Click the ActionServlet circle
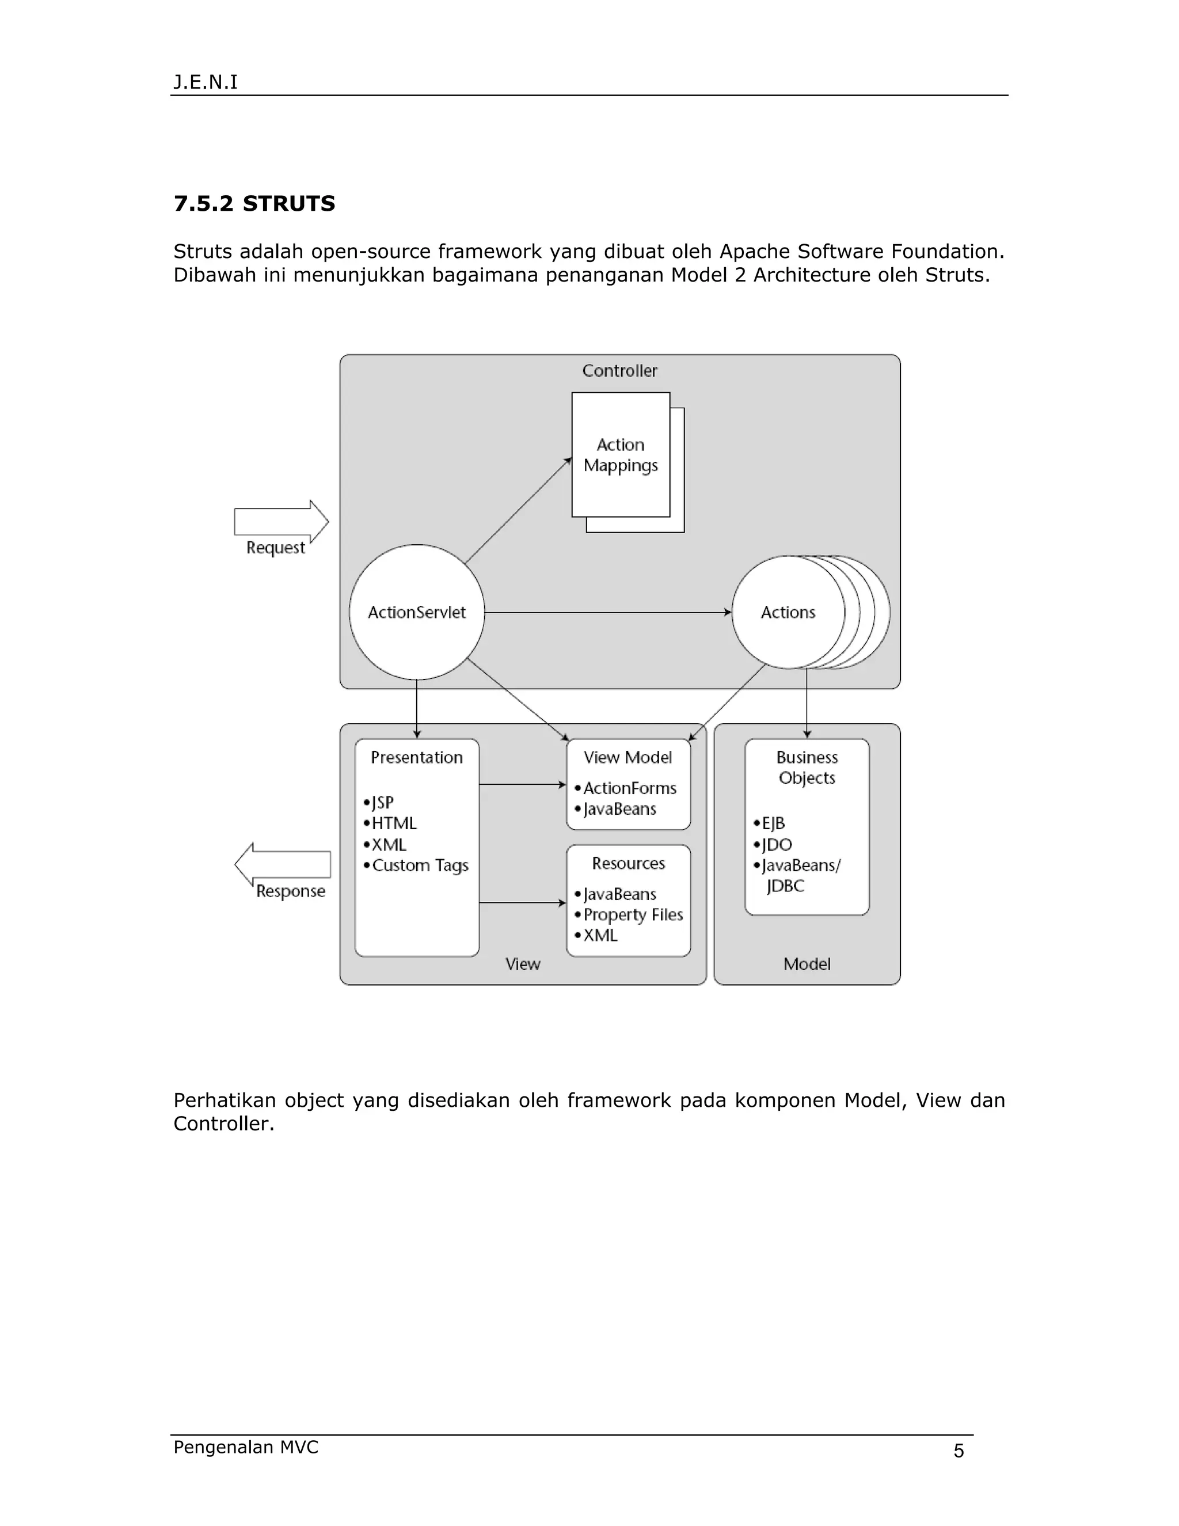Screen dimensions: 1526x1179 tap(416, 612)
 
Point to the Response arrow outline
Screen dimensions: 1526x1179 tap(282, 864)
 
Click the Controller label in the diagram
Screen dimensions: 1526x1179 tap(619, 370)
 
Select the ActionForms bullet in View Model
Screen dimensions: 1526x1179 tap(629, 788)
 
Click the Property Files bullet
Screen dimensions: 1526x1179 tap(633, 914)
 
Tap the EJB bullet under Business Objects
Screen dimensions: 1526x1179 tap(773, 823)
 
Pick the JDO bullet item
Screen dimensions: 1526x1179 tap(776, 844)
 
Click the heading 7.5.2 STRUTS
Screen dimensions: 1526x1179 tap(254, 203)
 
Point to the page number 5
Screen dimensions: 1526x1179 tap(959, 1451)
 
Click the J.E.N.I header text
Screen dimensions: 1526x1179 tap(206, 82)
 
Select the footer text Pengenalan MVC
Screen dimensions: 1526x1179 tap(246, 1447)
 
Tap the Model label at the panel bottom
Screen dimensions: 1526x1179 tap(807, 963)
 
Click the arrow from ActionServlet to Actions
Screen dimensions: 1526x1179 tap(608, 612)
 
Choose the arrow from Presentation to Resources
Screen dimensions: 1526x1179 tap(523, 903)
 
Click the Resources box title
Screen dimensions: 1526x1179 tap(628, 863)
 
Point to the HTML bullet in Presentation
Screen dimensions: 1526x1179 tap(393, 823)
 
